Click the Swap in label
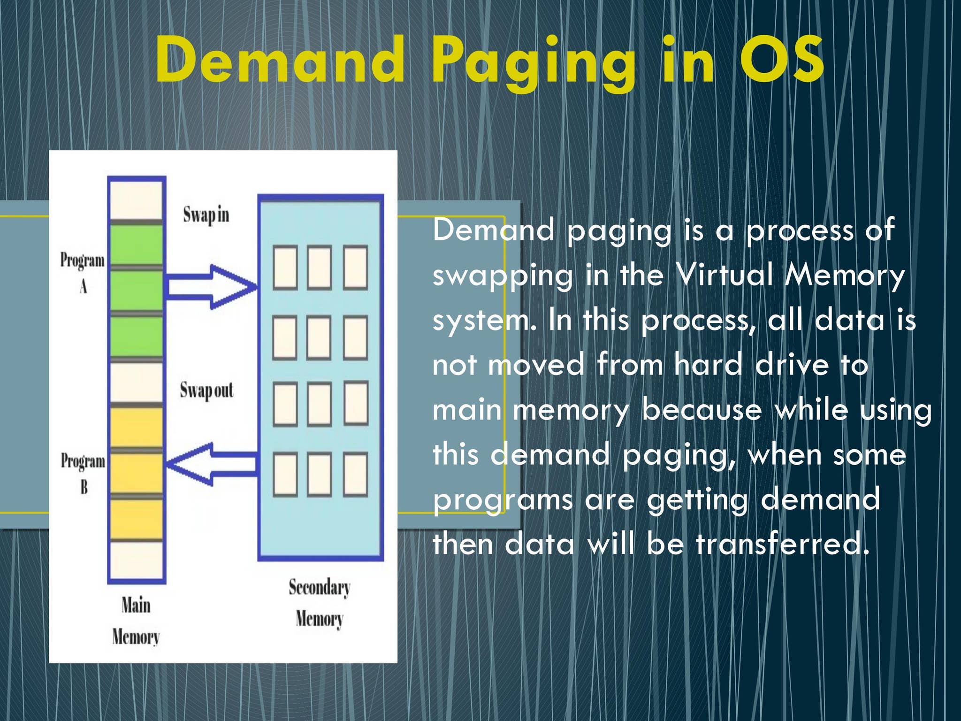click(206, 215)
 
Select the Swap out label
click(206, 391)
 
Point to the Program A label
click(83, 272)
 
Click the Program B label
click(83, 473)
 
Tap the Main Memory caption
click(136, 621)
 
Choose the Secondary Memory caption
click(320, 603)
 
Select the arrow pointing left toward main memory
click(212, 464)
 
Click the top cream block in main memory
click(136, 200)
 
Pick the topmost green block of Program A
click(136, 245)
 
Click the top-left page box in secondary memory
click(285, 267)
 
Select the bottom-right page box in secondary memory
click(355, 474)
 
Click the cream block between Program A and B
click(136, 383)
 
